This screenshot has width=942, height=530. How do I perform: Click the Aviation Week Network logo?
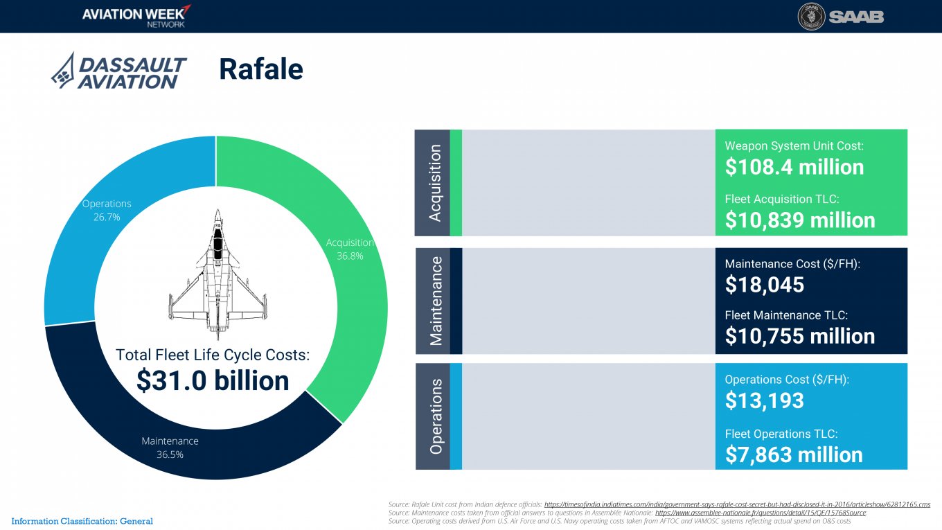136,15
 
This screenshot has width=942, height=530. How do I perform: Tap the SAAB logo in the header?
840,17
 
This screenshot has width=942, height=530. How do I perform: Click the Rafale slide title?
261,69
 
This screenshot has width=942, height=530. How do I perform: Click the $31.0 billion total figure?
213,380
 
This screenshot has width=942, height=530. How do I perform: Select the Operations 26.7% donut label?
107,210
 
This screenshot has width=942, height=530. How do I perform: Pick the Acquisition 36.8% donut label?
350,249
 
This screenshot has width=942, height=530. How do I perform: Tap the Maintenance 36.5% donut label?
170,448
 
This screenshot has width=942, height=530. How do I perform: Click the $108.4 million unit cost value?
794,167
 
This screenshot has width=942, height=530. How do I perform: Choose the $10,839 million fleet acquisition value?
800,220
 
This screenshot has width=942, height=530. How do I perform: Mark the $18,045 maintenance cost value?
764,284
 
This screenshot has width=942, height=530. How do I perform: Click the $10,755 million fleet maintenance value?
800,336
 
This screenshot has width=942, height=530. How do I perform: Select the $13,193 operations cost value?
764,400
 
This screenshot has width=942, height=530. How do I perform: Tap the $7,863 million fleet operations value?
794,454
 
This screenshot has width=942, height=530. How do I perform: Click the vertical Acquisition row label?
435,183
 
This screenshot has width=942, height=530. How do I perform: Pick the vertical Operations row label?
436,416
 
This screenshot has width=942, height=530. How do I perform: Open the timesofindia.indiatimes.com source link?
737,504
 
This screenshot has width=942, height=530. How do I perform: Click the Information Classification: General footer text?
82,521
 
